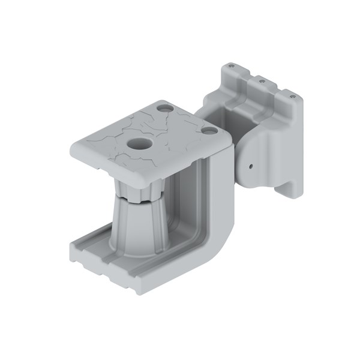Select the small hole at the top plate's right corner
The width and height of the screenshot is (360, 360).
point(208,129)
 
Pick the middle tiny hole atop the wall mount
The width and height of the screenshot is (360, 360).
point(262,79)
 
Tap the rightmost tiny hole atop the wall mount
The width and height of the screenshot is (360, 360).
point(292,94)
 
